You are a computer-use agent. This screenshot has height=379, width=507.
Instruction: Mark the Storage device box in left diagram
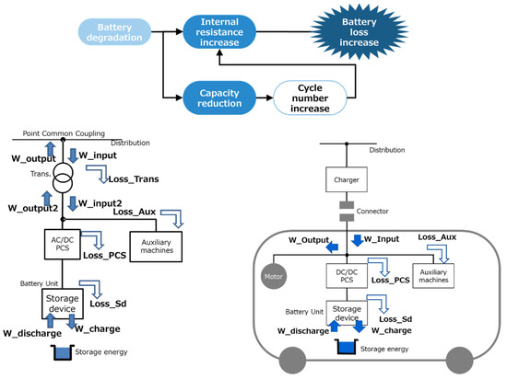click(63, 303)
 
